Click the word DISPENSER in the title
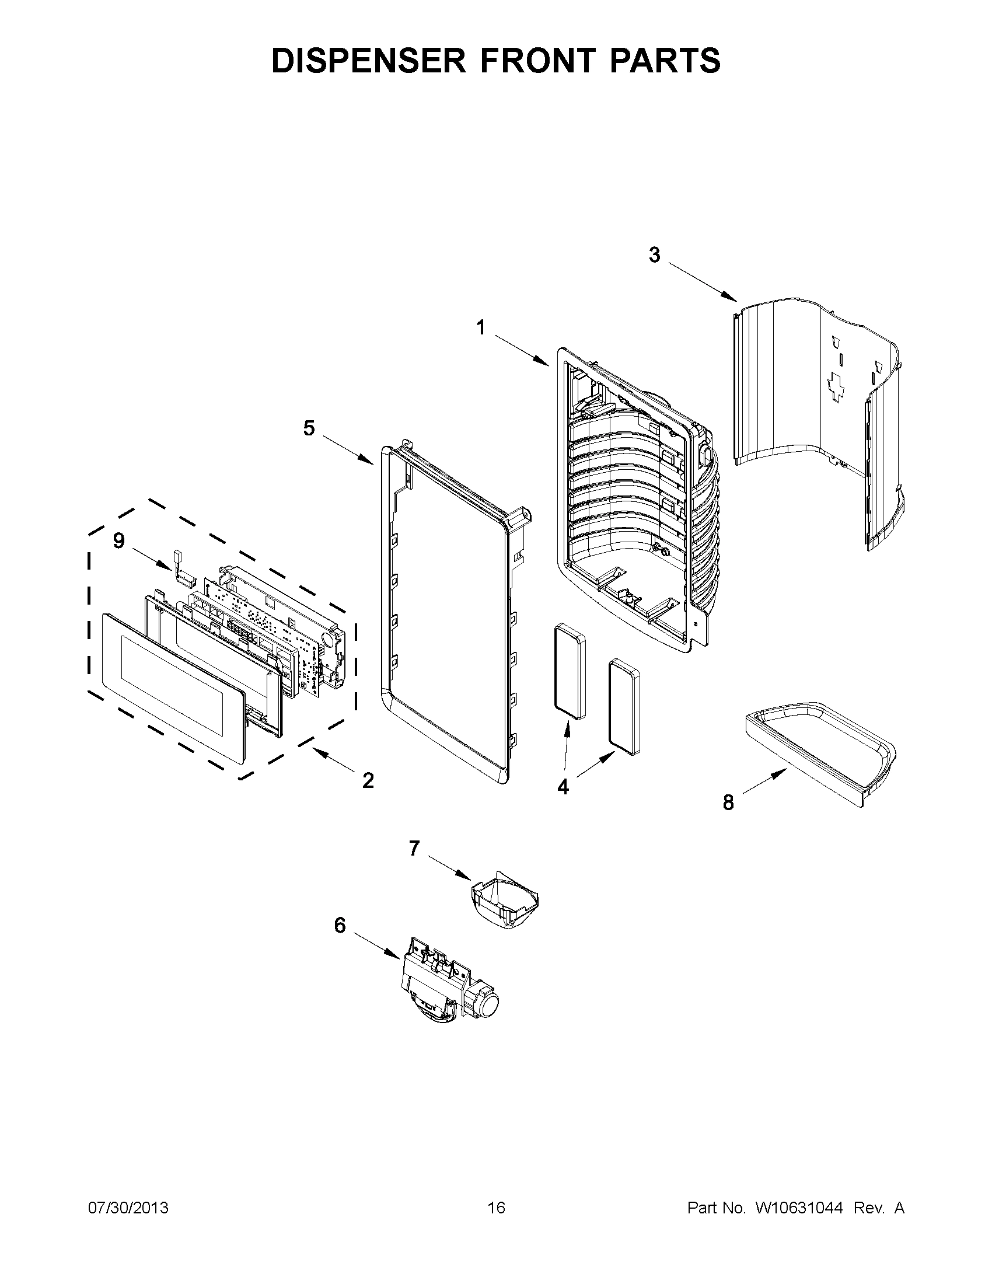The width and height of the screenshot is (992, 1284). (368, 61)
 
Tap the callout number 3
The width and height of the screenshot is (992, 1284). (654, 255)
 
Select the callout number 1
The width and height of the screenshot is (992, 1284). (481, 327)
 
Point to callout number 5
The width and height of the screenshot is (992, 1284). (309, 428)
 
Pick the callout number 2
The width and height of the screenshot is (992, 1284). (368, 781)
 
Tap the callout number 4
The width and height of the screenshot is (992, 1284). (563, 787)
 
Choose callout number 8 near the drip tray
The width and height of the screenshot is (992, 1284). (728, 802)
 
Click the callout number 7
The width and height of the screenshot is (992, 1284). (414, 849)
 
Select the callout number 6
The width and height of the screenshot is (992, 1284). (340, 926)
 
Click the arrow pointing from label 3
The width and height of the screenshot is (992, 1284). (702, 282)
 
